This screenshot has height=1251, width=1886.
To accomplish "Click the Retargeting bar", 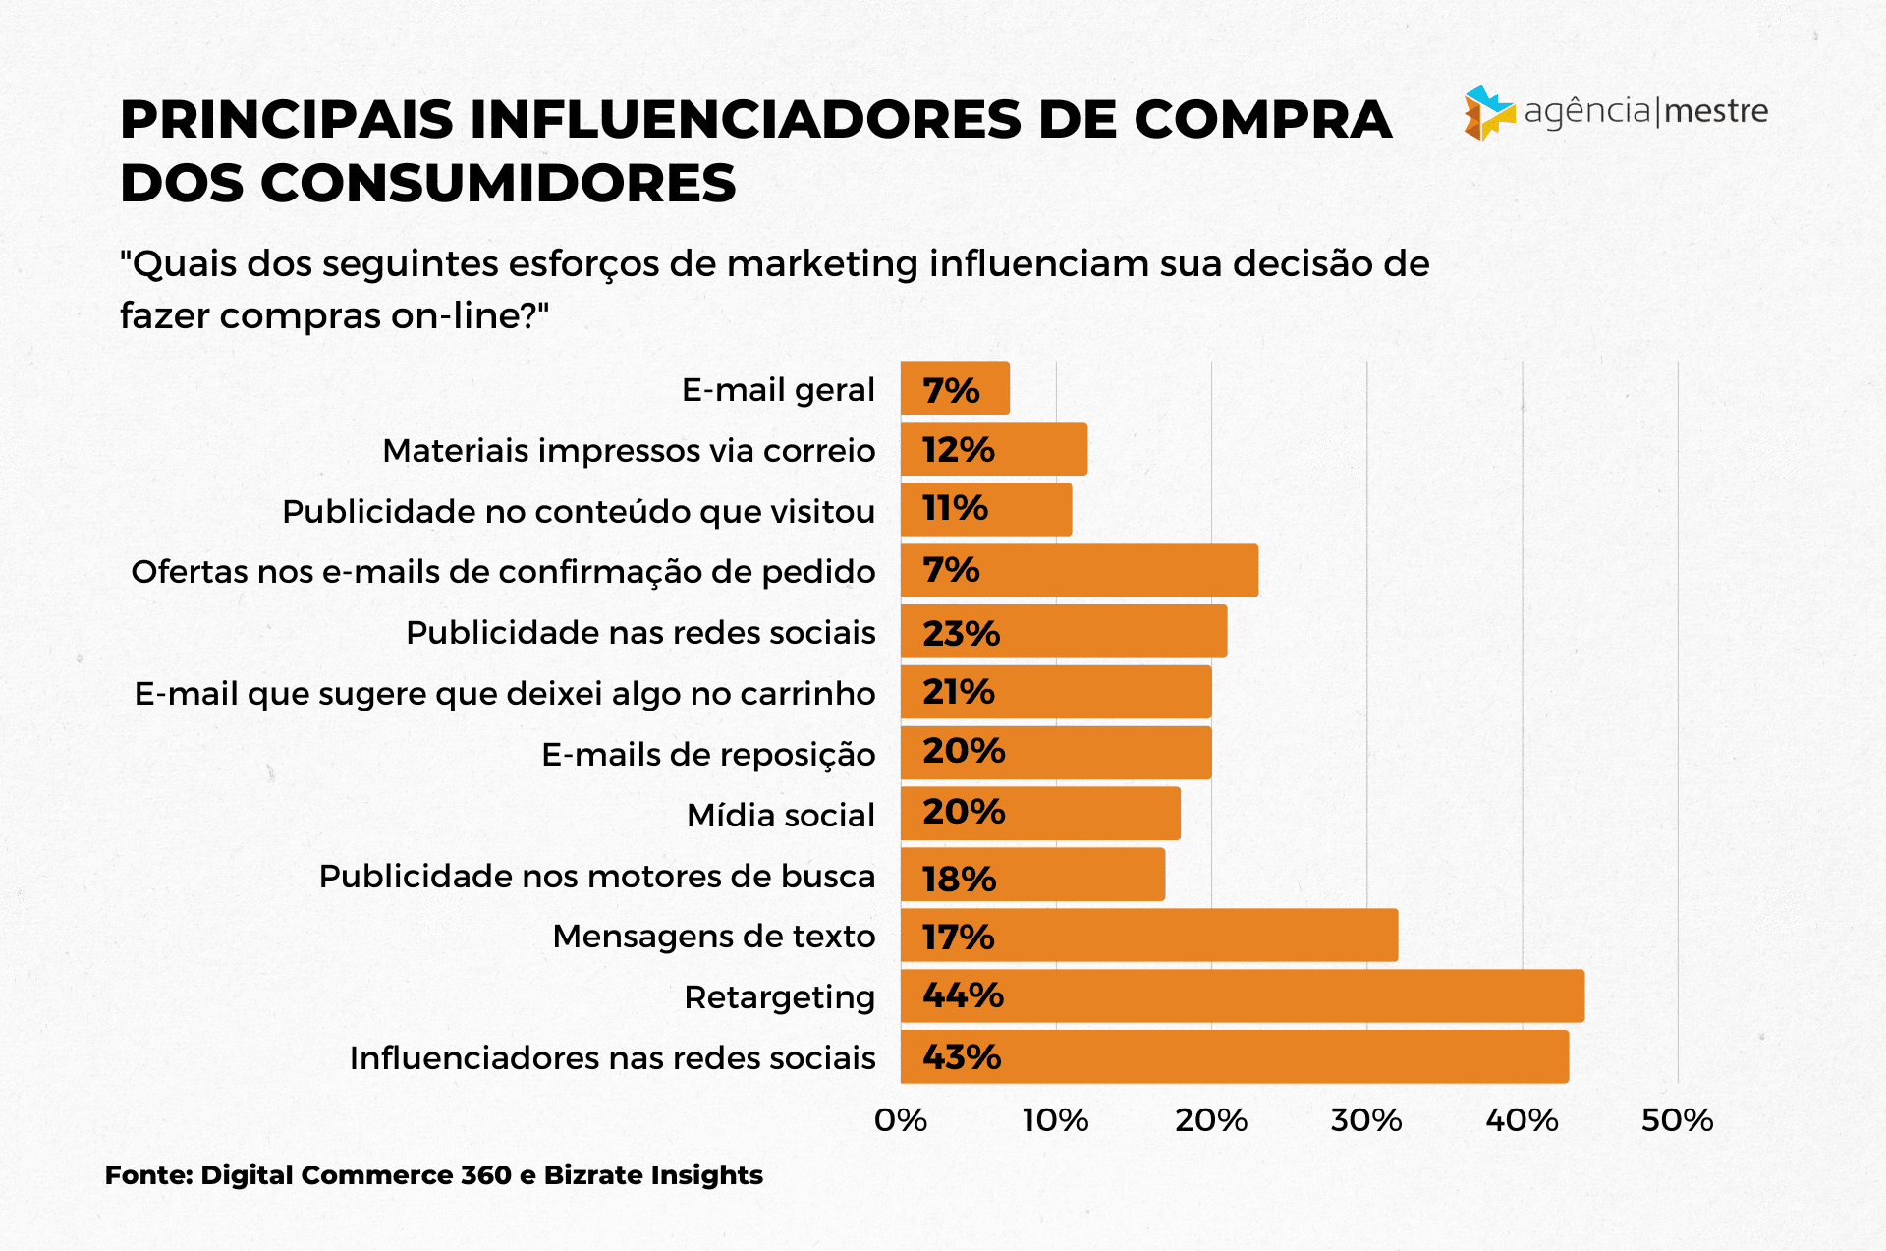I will click(x=1242, y=996).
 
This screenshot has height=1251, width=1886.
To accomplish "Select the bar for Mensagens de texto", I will click(x=1148, y=936).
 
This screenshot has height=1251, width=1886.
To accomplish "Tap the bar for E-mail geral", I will click(x=955, y=388).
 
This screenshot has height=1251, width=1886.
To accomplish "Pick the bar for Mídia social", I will click(x=1040, y=814).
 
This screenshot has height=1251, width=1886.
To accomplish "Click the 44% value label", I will click(x=963, y=996).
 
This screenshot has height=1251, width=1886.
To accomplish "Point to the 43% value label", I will click(x=962, y=1057).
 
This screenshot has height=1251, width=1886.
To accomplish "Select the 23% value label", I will click(x=961, y=634).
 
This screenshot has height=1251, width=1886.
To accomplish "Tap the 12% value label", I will click(x=958, y=450).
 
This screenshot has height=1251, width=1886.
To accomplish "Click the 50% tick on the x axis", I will click(x=1677, y=1120).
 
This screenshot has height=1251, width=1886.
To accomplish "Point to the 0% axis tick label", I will click(x=901, y=1120).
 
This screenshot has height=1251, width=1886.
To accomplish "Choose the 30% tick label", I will click(x=1366, y=1120).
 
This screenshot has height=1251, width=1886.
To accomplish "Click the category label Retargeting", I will click(x=779, y=997).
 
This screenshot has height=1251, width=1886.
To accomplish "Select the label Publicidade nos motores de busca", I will click(x=596, y=876).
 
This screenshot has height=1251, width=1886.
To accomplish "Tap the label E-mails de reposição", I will click(x=707, y=755).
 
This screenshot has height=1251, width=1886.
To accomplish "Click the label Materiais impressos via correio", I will click(x=629, y=451).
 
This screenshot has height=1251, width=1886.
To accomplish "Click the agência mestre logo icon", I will click(x=1488, y=113).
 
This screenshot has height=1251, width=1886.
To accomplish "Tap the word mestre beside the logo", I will click(x=1716, y=111).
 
